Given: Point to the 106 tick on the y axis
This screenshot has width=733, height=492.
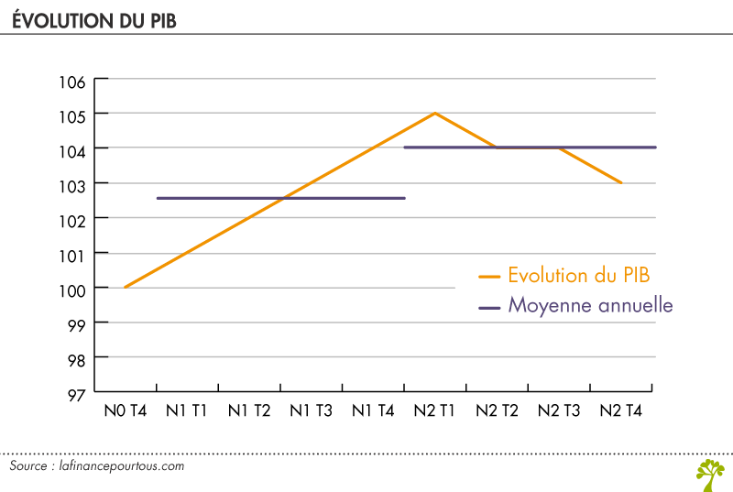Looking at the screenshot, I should click(x=74, y=81).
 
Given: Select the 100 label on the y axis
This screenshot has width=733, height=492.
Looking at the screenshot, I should click(x=74, y=289).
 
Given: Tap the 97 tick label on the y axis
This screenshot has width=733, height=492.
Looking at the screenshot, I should click(x=74, y=393).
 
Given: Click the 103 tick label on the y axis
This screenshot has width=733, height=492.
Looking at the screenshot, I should click(x=74, y=184).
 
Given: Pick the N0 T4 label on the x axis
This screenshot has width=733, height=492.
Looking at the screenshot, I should click(x=125, y=411).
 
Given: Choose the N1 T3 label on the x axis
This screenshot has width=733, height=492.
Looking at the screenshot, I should click(x=311, y=411).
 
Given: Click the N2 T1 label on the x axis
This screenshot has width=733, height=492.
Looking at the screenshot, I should click(x=435, y=411).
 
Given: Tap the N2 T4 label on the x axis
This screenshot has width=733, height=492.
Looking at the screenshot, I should click(x=620, y=411).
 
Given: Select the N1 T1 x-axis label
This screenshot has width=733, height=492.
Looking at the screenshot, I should click(x=187, y=411).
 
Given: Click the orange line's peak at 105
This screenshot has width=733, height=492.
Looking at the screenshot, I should click(x=435, y=113).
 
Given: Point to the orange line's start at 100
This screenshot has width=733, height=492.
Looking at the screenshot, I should click(x=125, y=287).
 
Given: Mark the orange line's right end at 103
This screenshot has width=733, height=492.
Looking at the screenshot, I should click(x=622, y=183).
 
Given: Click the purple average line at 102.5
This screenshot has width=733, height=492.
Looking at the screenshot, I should click(x=280, y=198).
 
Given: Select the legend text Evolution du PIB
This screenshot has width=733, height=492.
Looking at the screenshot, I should click(x=578, y=275).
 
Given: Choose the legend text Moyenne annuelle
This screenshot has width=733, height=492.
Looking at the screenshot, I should click(x=590, y=306).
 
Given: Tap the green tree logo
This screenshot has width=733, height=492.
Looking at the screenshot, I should click(x=709, y=472).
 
